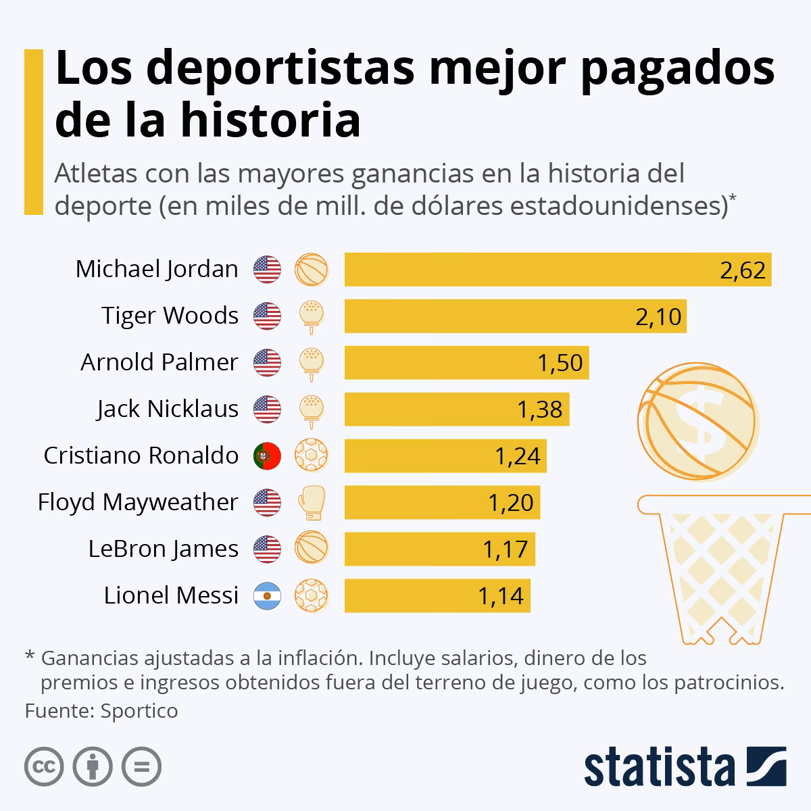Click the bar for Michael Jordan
(x=558, y=270)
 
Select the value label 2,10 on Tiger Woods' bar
(x=658, y=316)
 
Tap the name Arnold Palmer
(x=159, y=363)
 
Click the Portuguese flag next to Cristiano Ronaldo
(x=267, y=456)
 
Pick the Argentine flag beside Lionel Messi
(x=267, y=595)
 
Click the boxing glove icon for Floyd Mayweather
(x=311, y=503)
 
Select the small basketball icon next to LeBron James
(x=311, y=549)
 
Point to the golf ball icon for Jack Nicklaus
(x=311, y=409)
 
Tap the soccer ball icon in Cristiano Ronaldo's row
(x=311, y=456)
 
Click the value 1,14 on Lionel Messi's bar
(x=501, y=595)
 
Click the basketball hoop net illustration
(x=714, y=568)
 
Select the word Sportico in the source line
(x=139, y=711)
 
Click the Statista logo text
(x=660, y=768)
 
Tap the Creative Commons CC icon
(x=45, y=767)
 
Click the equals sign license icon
(x=141, y=767)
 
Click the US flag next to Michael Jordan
(x=267, y=270)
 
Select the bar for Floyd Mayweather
(x=442, y=503)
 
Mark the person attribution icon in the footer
(x=93, y=767)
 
